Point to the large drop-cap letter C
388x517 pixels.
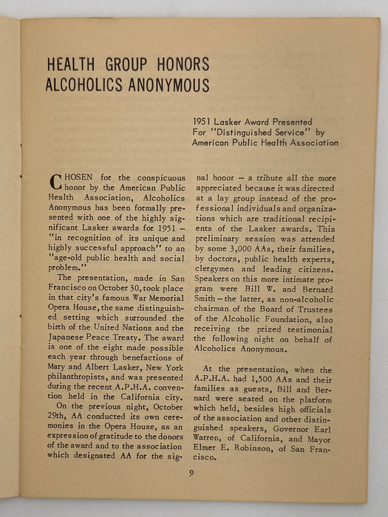click(55, 181)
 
